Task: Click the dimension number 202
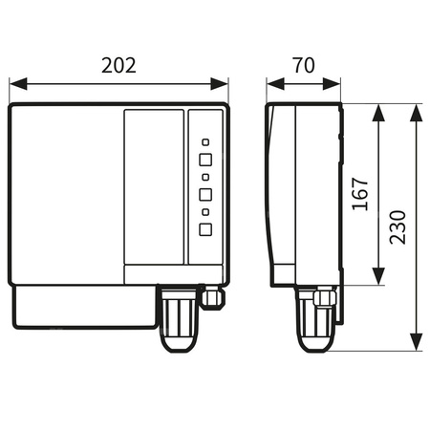click(119, 66)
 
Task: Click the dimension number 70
click(304, 66)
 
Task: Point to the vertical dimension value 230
click(398, 227)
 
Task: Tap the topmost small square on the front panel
click(204, 140)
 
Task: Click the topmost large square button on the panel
click(204, 159)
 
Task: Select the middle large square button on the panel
click(204, 194)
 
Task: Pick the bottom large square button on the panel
click(204, 228)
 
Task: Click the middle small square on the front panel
click(204, 176)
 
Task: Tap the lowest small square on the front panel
click(204, 211)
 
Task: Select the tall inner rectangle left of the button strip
click(154, 186)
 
